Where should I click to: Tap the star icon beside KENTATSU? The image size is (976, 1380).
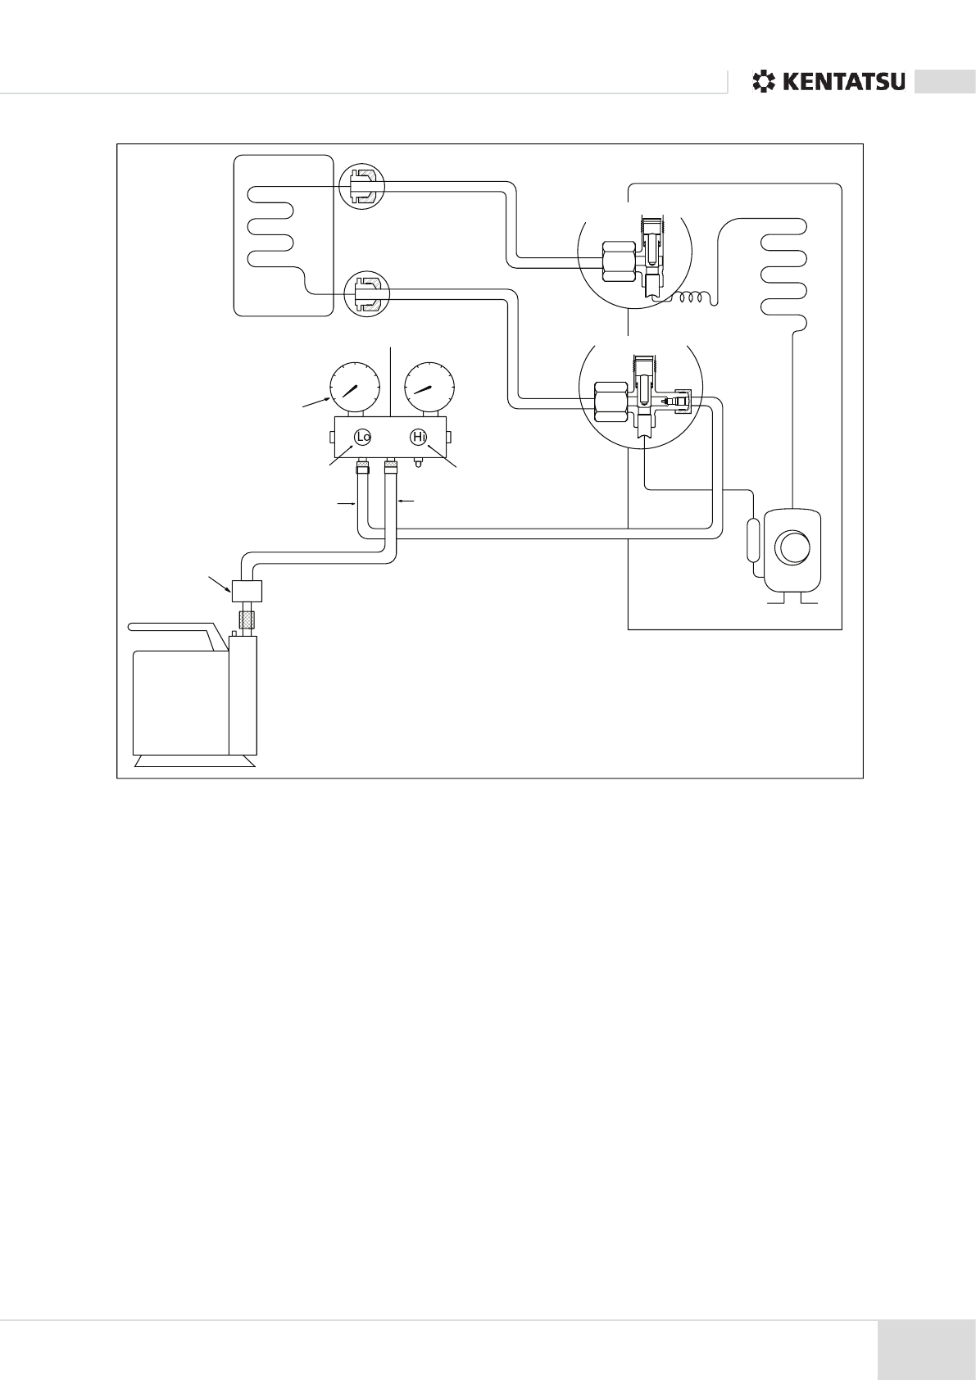[763, 82]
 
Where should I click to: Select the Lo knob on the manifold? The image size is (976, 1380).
[364, 438]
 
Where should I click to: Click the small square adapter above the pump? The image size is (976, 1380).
[246, 590]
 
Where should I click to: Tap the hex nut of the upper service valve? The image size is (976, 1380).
[616, 261]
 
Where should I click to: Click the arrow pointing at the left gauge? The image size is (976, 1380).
[315, 402]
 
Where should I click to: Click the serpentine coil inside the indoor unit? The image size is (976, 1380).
[270, 229]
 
